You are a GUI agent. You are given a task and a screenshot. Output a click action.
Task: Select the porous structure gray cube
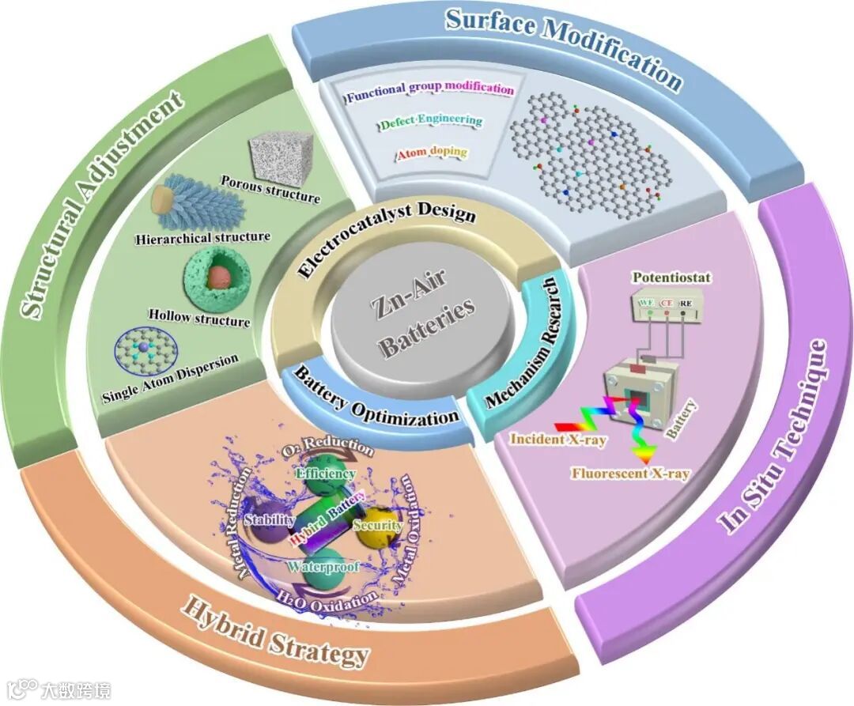281,162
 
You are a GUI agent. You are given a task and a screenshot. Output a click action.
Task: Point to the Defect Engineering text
431,121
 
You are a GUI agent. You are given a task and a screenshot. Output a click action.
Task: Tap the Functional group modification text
430,90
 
